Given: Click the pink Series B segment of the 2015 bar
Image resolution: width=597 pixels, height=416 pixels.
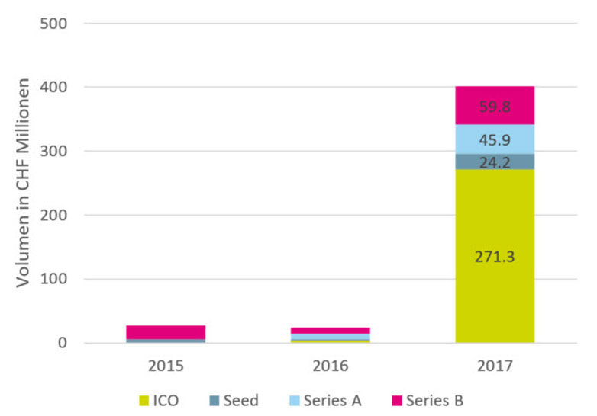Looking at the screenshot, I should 166,331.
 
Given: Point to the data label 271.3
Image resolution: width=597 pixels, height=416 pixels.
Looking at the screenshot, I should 494,257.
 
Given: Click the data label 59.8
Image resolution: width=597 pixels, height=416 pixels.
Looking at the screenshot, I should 495,107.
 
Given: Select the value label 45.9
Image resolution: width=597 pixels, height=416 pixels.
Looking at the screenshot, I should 495,140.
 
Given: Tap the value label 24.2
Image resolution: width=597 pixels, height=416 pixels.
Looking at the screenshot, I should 495,162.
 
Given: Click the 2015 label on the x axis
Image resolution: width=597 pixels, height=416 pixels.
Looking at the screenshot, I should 166,366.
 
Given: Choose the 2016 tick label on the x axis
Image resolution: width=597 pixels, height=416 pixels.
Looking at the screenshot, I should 331,366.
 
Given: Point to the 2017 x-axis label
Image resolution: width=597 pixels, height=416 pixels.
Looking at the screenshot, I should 495,366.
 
